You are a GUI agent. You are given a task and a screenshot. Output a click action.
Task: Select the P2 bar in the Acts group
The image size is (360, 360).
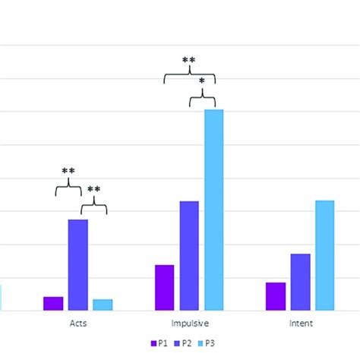[x=78, y=264]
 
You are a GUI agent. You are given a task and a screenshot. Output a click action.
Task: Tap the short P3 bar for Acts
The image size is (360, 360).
[x=103, y=305]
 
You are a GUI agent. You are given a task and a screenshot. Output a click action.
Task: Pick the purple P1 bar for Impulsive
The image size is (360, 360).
[x=164, y=287]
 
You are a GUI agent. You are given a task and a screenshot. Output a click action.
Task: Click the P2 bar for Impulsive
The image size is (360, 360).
[x=189, y=255]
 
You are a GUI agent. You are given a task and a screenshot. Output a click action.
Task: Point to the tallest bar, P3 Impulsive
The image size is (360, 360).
[x=214, y=210]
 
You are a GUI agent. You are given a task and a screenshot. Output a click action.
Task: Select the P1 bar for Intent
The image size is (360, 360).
[x=276, y=296]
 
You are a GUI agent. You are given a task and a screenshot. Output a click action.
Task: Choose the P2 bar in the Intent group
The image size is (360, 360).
[x=301, y=282]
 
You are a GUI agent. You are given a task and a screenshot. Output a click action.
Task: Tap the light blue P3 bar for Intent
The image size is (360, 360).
[x=325, y=255]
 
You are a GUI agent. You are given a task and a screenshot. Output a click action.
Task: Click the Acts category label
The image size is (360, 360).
[x=78, y=323]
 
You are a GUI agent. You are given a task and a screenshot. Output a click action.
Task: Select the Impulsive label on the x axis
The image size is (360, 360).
[x=189, y=323]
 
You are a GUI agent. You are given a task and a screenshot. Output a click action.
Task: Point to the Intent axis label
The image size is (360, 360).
[x=301, y=323]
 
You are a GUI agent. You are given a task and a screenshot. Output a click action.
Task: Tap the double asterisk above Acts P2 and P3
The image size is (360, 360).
[x=93, y=190]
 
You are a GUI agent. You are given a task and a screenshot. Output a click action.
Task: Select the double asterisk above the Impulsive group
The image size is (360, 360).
[x=189, y=59]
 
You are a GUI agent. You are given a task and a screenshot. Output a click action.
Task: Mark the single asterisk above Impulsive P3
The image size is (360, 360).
[x=202, y=81]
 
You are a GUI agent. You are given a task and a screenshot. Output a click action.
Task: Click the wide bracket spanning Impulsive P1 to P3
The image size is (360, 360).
[x=189, y=74]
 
